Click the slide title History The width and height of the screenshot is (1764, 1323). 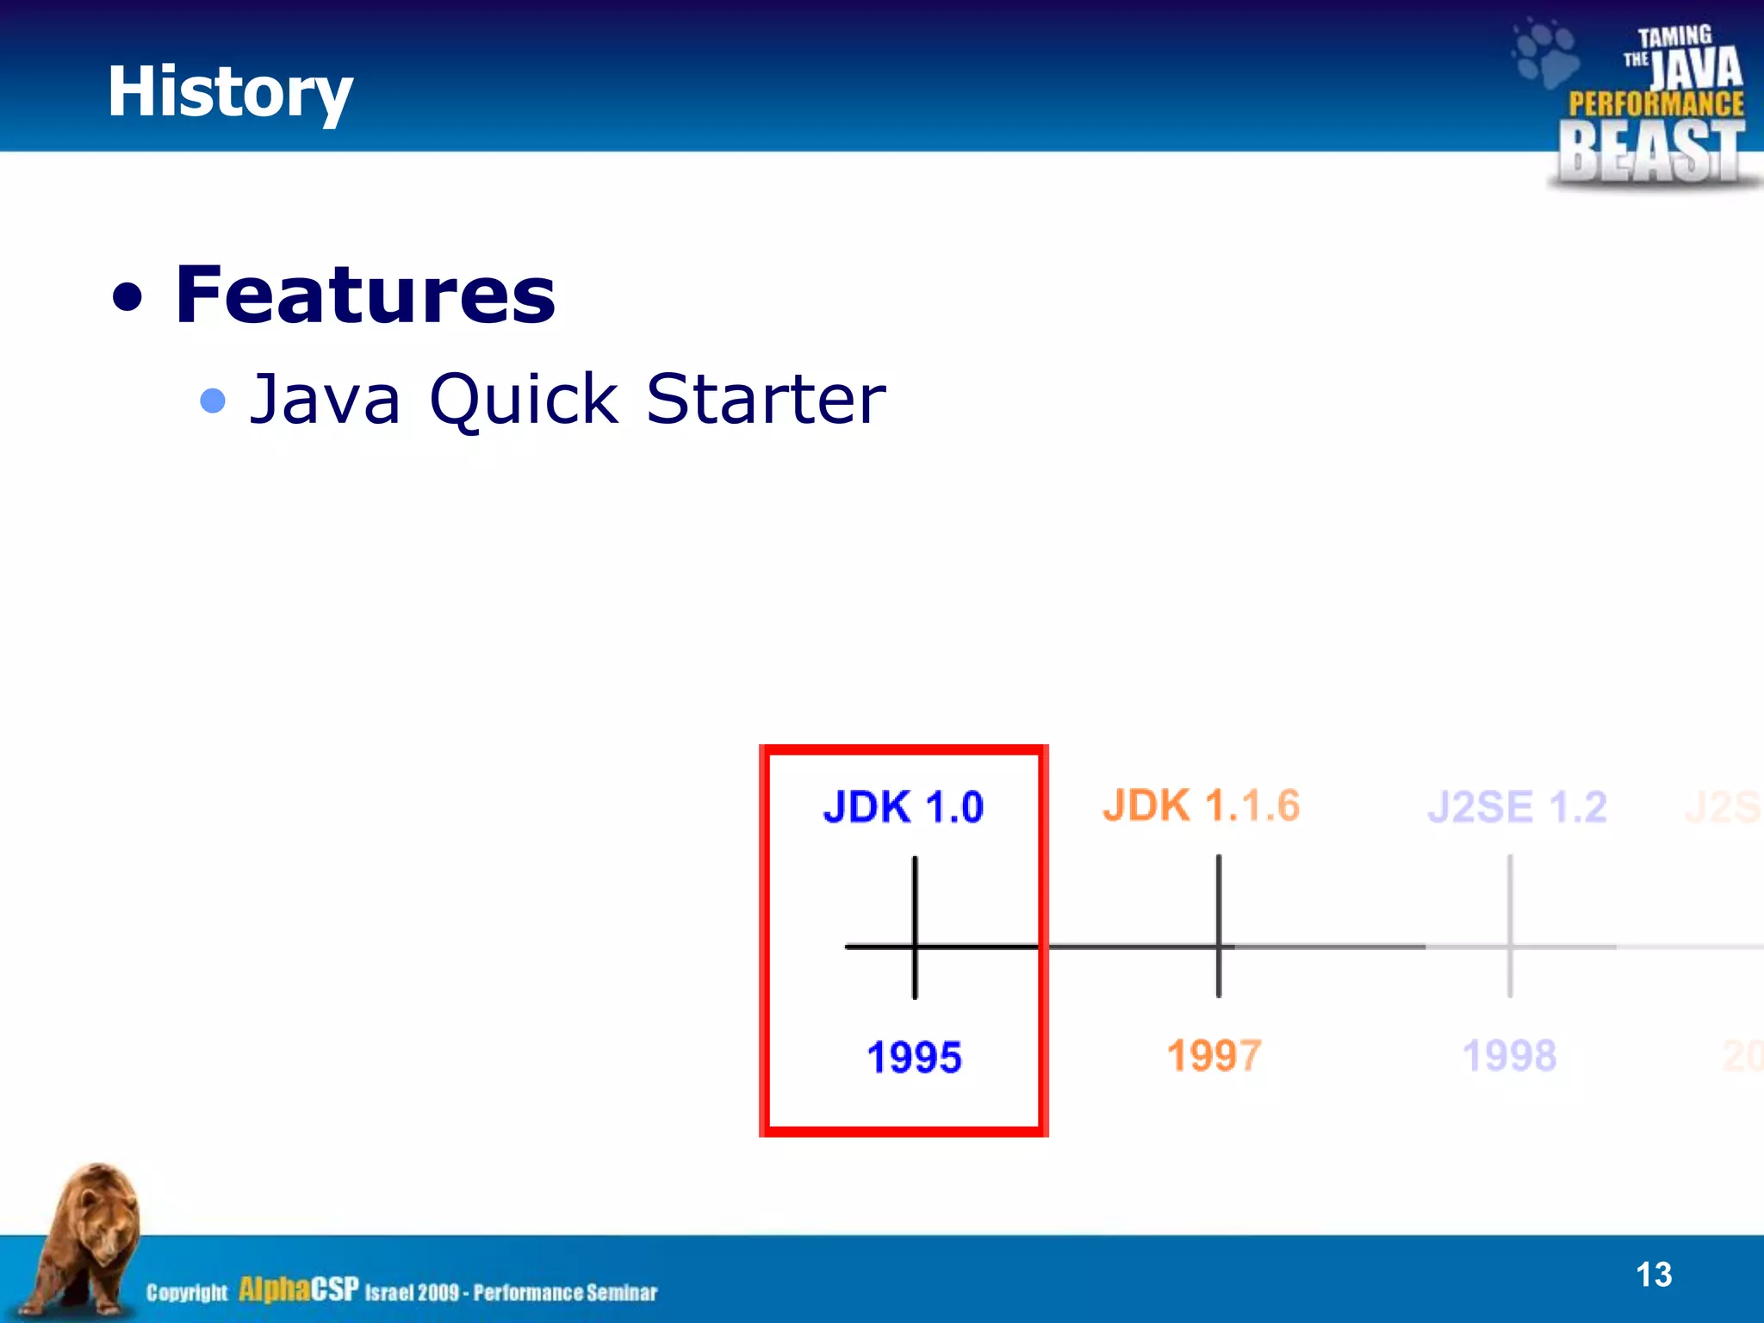click(x=229, y=91)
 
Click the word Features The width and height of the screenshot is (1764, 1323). click(x=365, y=295)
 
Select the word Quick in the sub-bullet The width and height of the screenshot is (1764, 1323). click(x=524, y=400)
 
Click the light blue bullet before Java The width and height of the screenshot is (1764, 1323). click(x=212, y=401)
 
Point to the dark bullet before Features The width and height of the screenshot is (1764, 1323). click(x=127, y=298)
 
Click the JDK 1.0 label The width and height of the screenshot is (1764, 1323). click(x=903, y=807)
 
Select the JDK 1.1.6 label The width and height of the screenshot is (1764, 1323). click(x=1201, y=806)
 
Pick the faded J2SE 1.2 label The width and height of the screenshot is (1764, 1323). click(x=1517, y=807)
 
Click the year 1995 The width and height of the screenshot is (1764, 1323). click(x=914, y=1057)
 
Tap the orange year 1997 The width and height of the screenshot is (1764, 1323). click(x=1214, y=1055)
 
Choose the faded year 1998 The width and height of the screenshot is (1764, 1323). click(x=1509, y=1055)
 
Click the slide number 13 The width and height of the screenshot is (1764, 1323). click(x=1653, y=1275)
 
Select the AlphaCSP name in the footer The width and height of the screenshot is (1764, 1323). click(x=298, y=1289)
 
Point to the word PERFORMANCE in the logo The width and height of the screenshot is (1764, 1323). click(x=1655, y=104)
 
